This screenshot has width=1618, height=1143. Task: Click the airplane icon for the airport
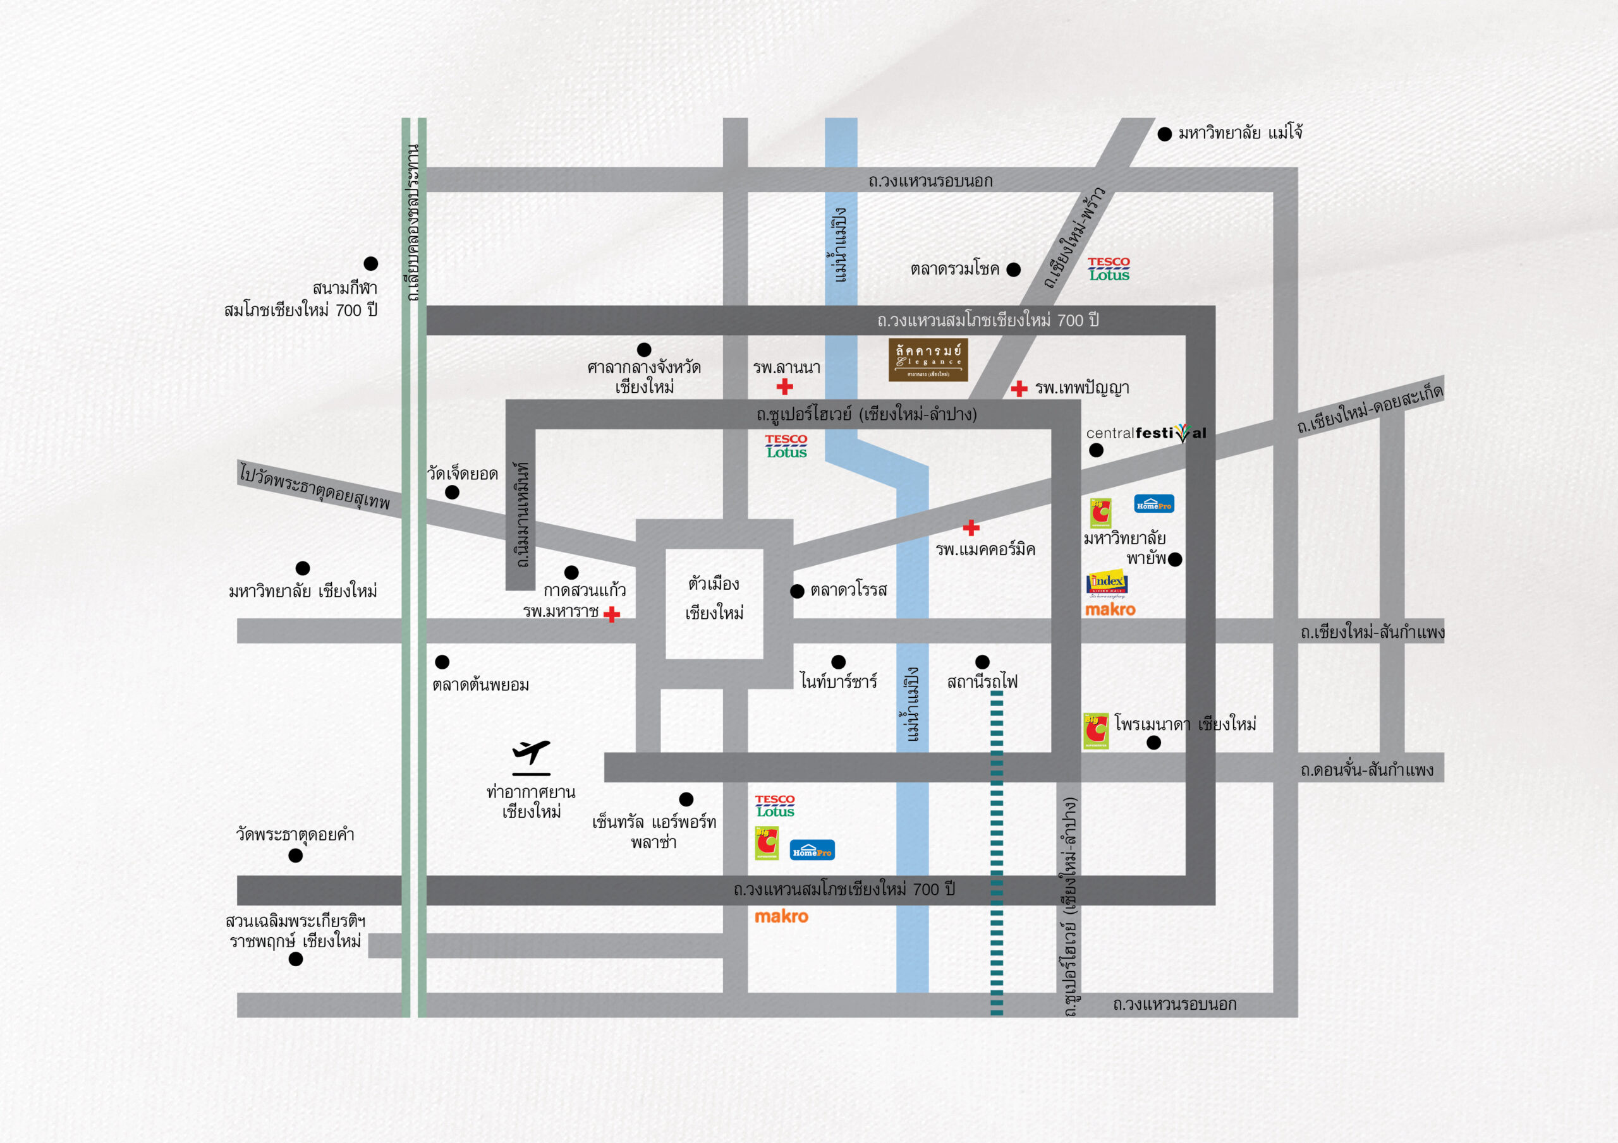pos(531,753)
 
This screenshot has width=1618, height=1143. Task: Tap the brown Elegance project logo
pos(927,360)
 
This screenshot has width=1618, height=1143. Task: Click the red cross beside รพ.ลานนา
pos(784,386)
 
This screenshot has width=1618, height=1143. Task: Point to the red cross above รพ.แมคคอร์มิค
pos(971,527)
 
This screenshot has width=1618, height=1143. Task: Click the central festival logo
pos(1146,433)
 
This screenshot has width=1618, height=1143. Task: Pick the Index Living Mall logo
pos(1107,583)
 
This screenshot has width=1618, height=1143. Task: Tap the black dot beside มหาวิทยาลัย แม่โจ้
pos(1164,134)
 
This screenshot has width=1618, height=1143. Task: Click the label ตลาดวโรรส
pos(848,590)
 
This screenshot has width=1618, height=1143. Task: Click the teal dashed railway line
pos(997,845)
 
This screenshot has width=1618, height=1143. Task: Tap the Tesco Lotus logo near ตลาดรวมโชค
pos(1109,269)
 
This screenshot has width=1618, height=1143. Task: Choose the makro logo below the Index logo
pos(1110,609)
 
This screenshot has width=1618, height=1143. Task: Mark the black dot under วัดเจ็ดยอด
pos(453,493)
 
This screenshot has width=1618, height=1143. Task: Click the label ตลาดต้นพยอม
pos(480,685)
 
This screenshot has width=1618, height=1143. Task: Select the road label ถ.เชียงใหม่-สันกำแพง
pos(1372,631)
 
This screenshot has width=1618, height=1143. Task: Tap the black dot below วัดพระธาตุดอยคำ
pos(296,856)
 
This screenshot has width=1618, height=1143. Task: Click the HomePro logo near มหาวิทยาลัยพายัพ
pos(1153,503)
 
